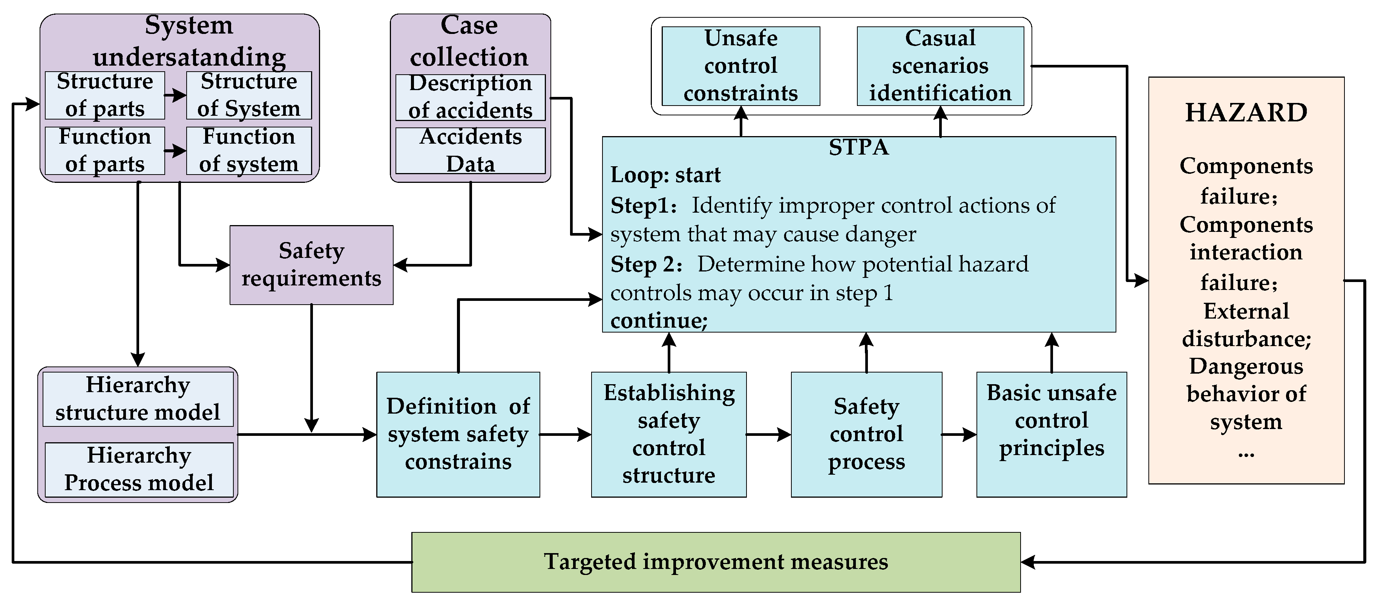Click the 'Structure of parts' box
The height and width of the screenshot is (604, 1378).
coord(105,95)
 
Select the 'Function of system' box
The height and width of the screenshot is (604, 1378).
coord(249,150)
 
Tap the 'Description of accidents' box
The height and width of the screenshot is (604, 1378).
coord(470,97)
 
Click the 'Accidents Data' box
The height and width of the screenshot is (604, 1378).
coord(470,150)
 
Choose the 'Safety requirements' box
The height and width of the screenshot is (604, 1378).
coord(311,265)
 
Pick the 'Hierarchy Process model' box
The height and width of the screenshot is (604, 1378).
coord(139,469)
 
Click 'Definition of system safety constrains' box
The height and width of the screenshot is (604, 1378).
coord(458,434)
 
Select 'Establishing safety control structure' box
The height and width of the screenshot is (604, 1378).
coord(669,434)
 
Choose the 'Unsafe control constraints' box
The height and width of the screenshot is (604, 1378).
coord(740,66)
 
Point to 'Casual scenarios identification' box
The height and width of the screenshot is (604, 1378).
coord(940,66)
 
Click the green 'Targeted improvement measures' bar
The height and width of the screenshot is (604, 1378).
coord(716,562)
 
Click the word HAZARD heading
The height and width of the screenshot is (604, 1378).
coord(1246,113)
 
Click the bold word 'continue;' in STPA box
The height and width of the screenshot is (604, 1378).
coord(659,321)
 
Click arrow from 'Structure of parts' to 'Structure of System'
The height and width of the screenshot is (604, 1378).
coord(175,96)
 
